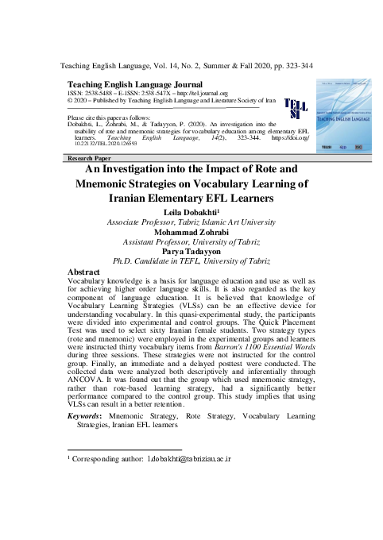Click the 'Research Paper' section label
pos(90,160)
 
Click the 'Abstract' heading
pos(88,271)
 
